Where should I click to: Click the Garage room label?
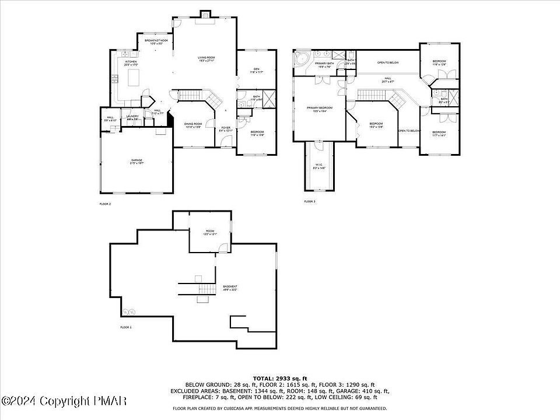pyautogui.click(x=136, y=162)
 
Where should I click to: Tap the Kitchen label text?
pyautogui.click(x=131, y=62)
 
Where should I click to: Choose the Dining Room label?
pyautogui.click(x=193, y=125)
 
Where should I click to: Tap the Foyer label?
pyautogui.click(x=226, y=129)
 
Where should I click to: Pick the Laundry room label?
pyautogui.click(x=132, y=117)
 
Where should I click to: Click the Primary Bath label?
pyautogui.click(x=324, y=64)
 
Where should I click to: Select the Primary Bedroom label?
pyautogui.click(x=320, y=109)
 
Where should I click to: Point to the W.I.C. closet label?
pyautogui.click(x=319, y=166)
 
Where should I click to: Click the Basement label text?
pyautogui.click(x=230, y=288)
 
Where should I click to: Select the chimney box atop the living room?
pyautogui.click(x=205, y=14)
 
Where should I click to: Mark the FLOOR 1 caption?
pyautogui.click(x=126, y=327)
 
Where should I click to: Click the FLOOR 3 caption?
pyautogui.click(x=309, y=201)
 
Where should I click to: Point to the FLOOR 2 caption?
pyautogui.click(x=105, y=204)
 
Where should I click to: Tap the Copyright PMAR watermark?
pyautogui.click(x=64, y=401)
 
